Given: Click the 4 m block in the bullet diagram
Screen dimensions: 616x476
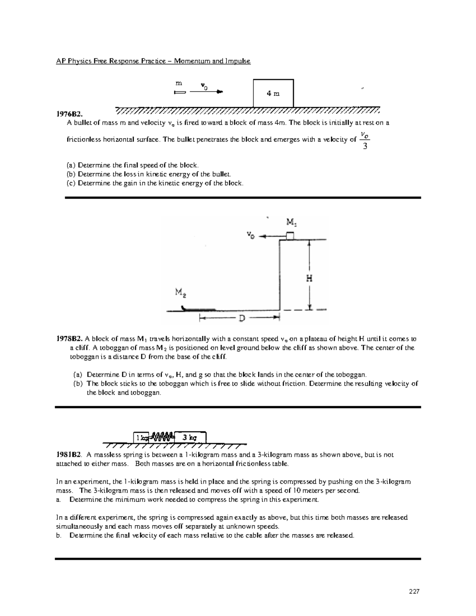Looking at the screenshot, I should [x=273, y=94].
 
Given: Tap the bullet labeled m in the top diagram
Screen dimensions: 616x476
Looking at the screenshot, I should [x=179, y=92].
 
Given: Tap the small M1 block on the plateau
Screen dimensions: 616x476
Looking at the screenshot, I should [x=290, y=236].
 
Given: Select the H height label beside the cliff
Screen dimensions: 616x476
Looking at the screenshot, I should [x=309, y=278].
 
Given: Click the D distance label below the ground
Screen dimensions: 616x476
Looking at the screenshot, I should [x=240, y=318].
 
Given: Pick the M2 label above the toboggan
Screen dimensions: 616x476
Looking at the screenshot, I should [x=180, y=293].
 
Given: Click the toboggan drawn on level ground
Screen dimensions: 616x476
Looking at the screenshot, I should [x=198, y=309].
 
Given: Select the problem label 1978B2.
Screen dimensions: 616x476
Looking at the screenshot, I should [x=69, y=339].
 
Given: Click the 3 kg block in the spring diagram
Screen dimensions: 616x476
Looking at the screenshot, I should [x=190, y=438].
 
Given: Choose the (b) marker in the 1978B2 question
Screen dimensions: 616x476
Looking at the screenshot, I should [x=78, y=384].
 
